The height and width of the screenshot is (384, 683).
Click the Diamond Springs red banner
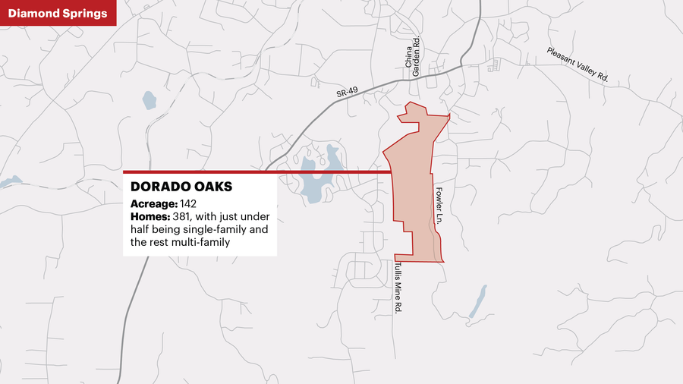tap(58, 13)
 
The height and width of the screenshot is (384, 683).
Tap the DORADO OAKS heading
tap(181, 187)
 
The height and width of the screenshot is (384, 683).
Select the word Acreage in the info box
tap(153, 204)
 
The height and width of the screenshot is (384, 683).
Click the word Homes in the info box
tap(150, 217)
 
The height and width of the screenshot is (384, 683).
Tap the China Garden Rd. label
tap(413, 58)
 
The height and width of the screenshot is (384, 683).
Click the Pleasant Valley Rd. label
tap(578, 65)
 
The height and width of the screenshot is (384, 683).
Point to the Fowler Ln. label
tap(439, 204)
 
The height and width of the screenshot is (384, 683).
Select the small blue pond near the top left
tap(149, 99)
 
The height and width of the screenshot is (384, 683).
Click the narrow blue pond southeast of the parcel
tap(477, 301)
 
